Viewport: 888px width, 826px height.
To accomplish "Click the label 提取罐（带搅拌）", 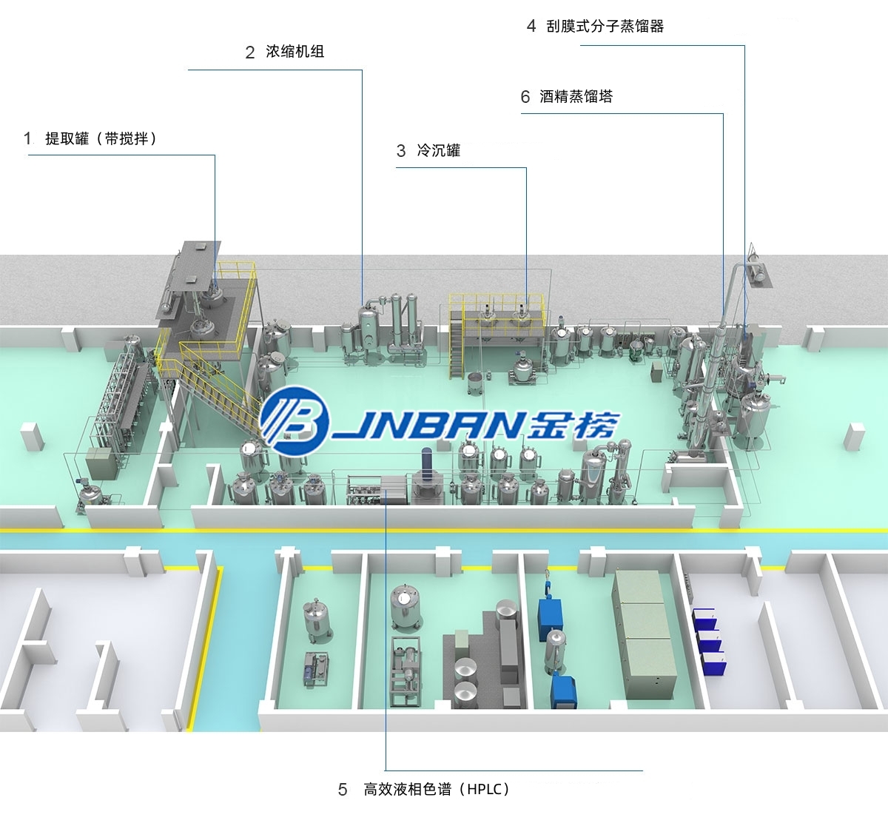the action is tap(101, 138).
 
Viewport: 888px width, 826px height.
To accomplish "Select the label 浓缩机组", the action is tap(295, 51).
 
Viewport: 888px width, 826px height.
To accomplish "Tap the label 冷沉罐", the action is tap(439, 150).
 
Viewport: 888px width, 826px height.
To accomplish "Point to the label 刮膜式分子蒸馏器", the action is tap(605, 26).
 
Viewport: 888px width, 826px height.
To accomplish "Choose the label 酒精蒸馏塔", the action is tap(576, 96).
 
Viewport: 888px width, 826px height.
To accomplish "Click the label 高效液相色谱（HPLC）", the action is tap(437, 789).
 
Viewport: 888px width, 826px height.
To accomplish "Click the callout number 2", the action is tap(250, 53).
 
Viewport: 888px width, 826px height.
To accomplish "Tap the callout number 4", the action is tap(531, 26).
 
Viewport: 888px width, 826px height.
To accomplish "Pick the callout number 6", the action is tap(525, 97).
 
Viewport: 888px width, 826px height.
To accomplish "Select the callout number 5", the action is tap(343, 790).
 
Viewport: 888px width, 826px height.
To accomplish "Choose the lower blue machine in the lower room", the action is tap(563, 691).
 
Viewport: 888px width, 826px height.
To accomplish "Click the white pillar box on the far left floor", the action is tap(33, 437).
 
